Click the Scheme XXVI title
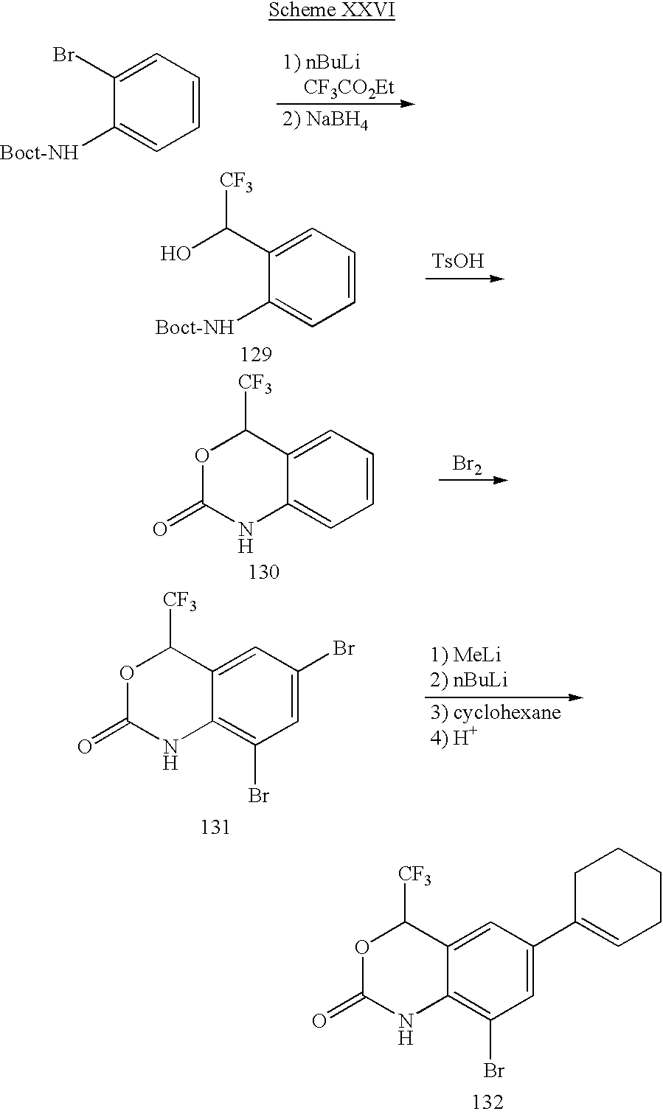pyautogui.click(x=331, y=11)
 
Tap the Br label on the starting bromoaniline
pyautogui.click(x=63, y=55)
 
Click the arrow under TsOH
pyautogui.click(x=464, y=279)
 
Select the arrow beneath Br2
pyautogui.click(x=473, y=480)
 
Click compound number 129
pyautogui.click(x=255, y=355)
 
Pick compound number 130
pyautogui.click(x=264, y=571)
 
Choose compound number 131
pyautogui.click(x=215, y=827)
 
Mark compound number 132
pyautogui.click(x=487, y=1101)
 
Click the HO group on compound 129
pyautogui.click(x=176, y=254)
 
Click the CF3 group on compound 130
pyautogui.click(x=254, y=384)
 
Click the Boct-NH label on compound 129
pyautogui.click(x=193, y=327)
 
